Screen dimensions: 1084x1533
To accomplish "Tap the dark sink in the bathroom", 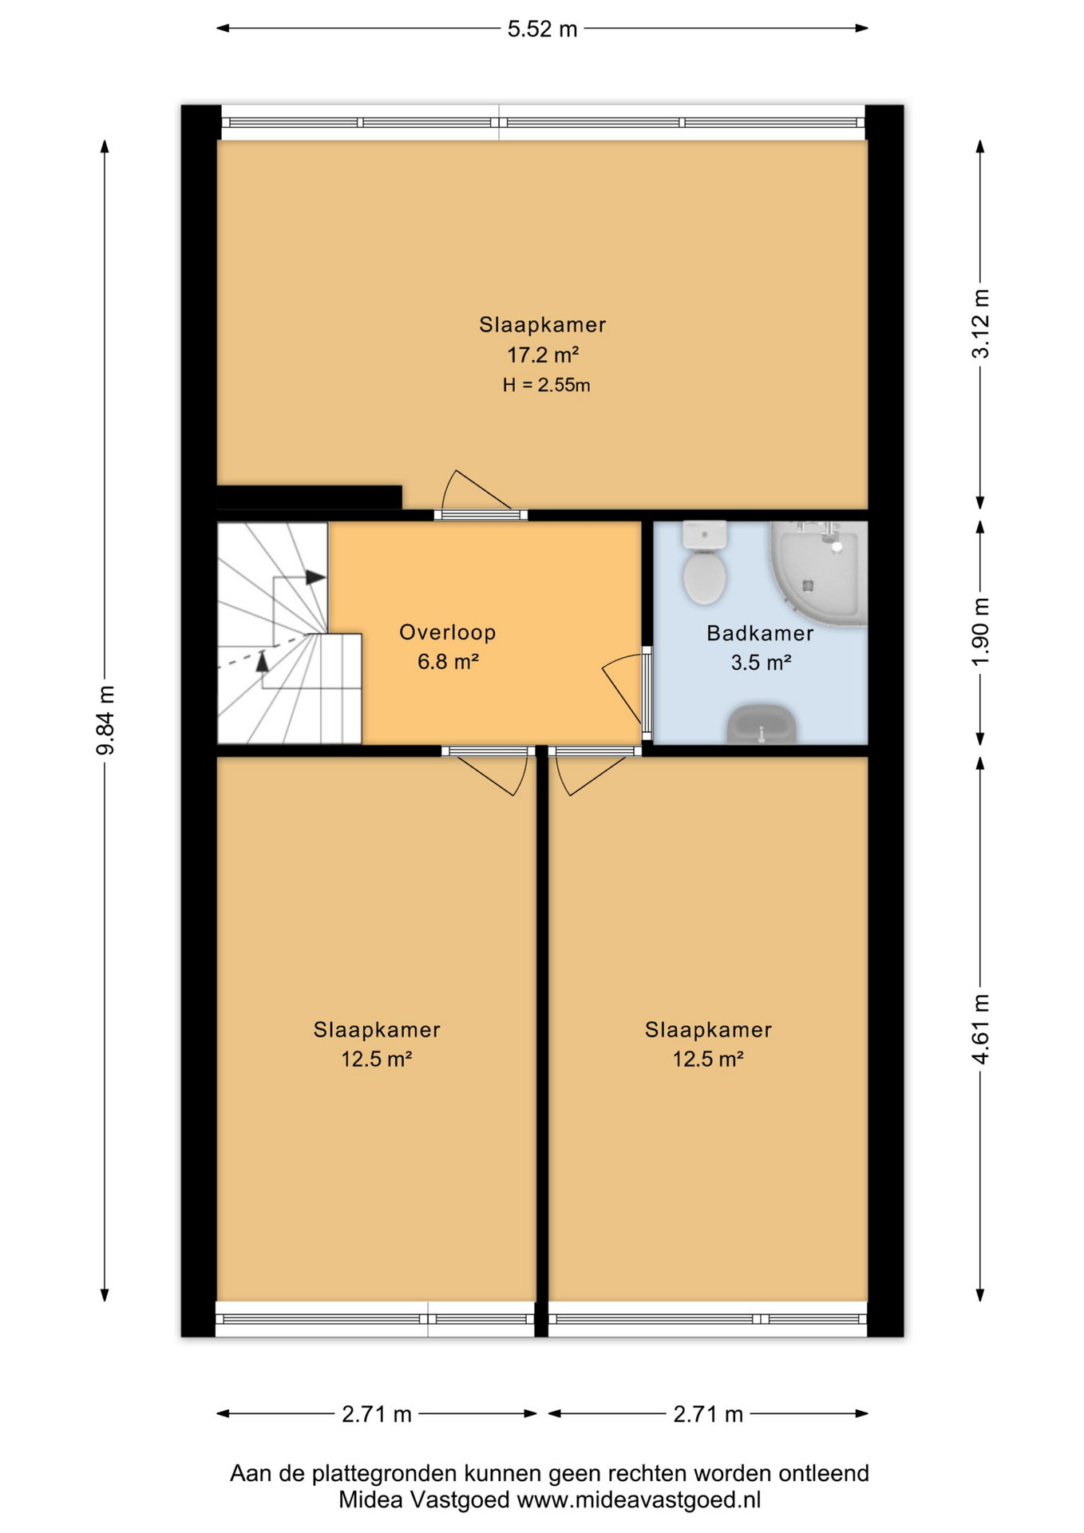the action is tap(762, 724).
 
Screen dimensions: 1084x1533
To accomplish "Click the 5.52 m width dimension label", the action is tap(542, 30).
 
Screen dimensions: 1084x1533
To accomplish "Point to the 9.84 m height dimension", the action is tap(105, 719).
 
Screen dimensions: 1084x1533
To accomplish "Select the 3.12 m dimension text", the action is tap(980, 323).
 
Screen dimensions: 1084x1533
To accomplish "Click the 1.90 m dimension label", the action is tap(980, 632).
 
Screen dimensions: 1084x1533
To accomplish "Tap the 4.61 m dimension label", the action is tap(980, 1029).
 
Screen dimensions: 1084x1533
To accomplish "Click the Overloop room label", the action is tap(448, 632).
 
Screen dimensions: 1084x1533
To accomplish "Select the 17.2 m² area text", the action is tap(543, 355).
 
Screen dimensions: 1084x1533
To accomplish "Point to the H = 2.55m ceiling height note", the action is tap(547, 385).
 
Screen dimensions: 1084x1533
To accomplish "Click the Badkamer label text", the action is tap(760, 633).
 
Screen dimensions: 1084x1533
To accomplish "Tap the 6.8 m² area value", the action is tap(448, 662).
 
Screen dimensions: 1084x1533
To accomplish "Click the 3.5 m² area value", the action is tap(761, 663).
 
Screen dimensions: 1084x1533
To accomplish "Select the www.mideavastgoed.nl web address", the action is tap(639, 1499).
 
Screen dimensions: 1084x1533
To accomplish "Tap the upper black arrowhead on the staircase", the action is tap(316, 577).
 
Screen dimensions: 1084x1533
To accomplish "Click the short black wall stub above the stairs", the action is tap(310, 497).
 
